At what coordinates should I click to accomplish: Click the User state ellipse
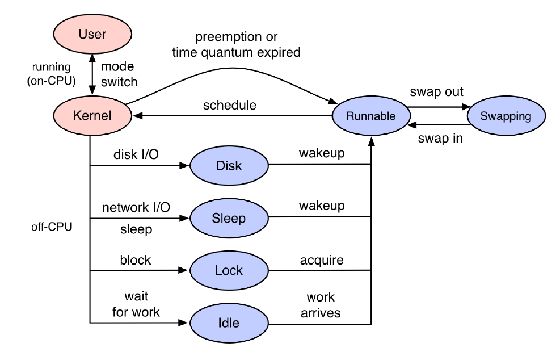pos(92,34)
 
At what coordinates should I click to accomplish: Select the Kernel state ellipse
pos(92,115)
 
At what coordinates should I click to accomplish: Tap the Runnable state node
pos(371,116)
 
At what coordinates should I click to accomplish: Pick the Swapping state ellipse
pos(506,116)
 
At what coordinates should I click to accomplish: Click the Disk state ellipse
pos(229,165)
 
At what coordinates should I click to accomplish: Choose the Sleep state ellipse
pos(229,218)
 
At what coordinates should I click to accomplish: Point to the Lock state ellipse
pos(229,270)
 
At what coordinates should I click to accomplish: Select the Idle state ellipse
pos(229,323)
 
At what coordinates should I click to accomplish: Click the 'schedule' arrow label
pos(230,105)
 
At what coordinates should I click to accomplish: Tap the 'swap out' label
pos(436,91)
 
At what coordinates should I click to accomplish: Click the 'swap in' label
pos(440,138)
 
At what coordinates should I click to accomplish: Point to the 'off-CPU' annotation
pos(52,227)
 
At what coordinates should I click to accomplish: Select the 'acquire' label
pos(322,260)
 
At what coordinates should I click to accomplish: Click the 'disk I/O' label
pos(136,154)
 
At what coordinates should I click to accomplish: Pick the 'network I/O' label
pos(136,207)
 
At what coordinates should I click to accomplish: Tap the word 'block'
pos(136,260)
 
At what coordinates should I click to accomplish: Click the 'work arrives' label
pos(321,305)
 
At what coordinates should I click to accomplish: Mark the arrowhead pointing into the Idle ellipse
pos(183,323)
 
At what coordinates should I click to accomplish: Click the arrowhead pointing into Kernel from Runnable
pos(137,115)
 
